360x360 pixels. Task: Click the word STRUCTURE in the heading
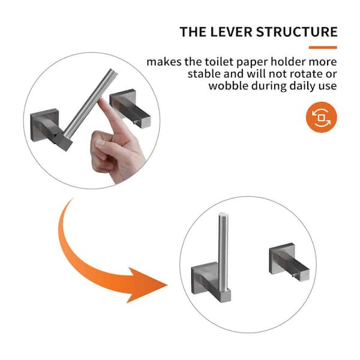point(296,32)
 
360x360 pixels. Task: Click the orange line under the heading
point(323,47)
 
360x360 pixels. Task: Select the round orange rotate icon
point(321,117)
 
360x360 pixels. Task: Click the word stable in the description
point(204,74)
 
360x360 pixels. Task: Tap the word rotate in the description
point(304,74)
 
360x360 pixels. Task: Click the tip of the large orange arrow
point(167,286)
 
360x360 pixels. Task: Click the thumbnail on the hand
point(100,143)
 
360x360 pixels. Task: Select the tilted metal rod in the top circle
point(90,103)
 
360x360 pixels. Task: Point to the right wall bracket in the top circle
point(130,109)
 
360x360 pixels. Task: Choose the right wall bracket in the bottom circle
point(289,262)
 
